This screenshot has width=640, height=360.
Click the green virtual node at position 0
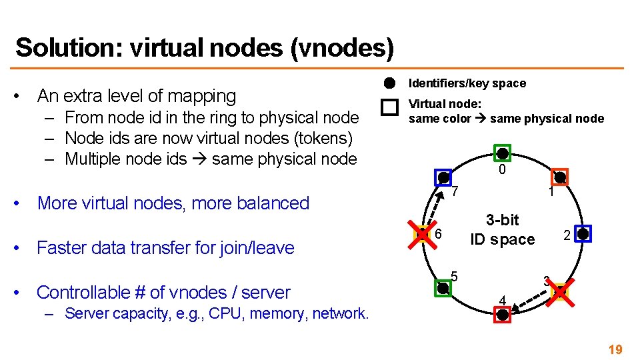(x=503, y=153)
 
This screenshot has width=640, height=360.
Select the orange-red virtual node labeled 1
(x=560, y=177)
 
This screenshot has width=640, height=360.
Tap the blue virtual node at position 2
(x=583, y=234)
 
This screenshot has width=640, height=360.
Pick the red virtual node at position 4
(x=503, y=315)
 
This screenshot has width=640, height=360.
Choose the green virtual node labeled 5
(x=443, y=288)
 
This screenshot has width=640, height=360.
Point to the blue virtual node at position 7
(x=443, y=177)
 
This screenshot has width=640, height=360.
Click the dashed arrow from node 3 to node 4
(x=532, y=304)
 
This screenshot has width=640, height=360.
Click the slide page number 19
(x=615, y=349)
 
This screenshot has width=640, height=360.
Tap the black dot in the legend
(x=390, y=83)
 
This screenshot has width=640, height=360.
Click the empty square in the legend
(x=390, y=107)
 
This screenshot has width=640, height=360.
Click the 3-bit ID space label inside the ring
(x=502, y=229)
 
